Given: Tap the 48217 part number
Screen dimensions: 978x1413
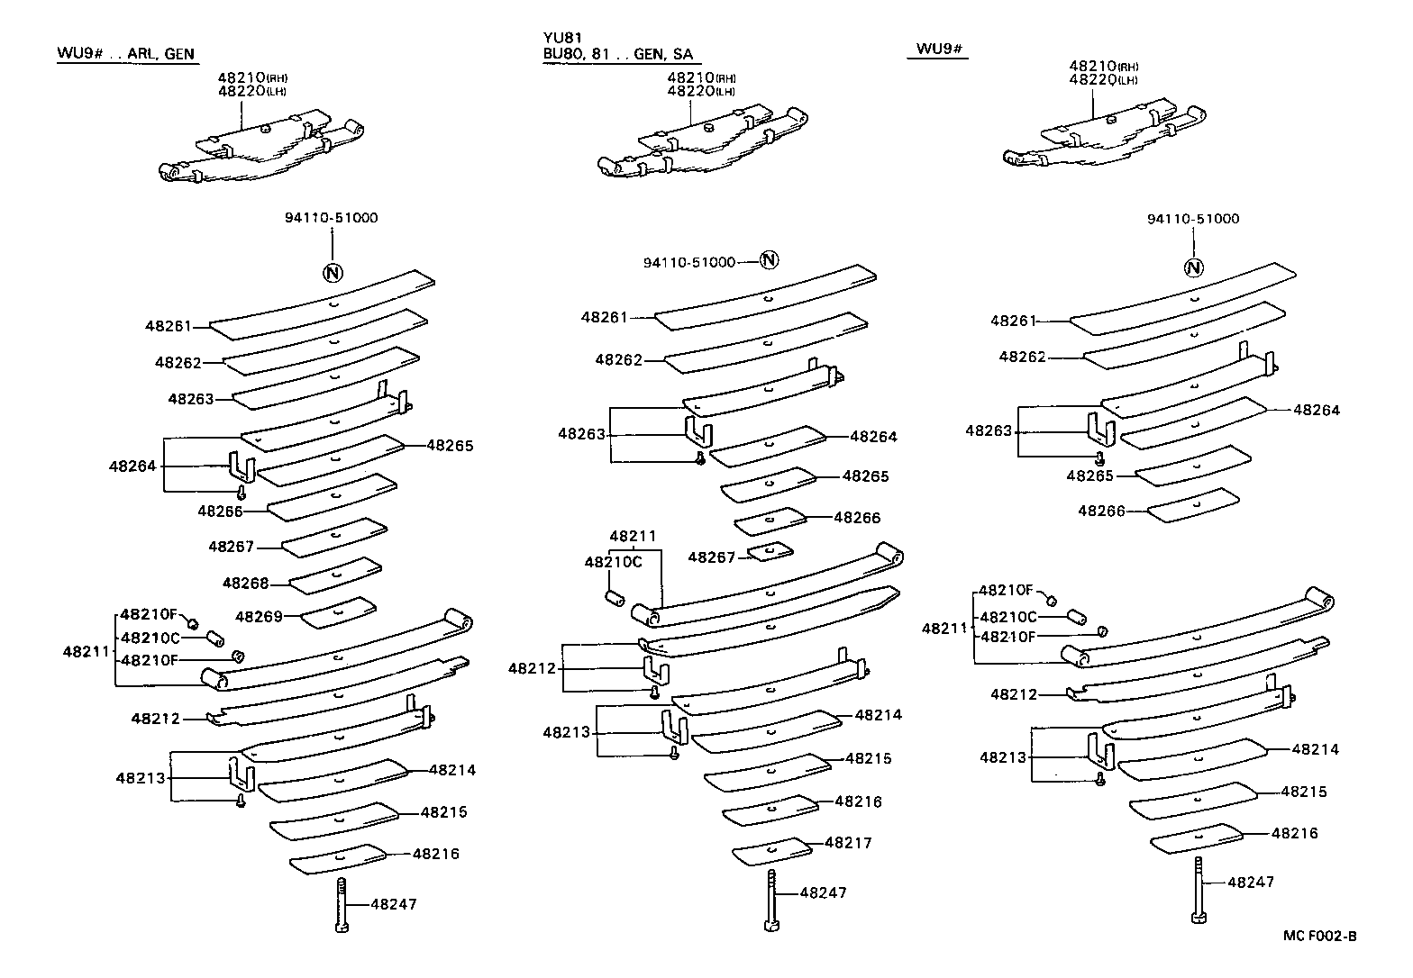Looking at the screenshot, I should tap(849, 843).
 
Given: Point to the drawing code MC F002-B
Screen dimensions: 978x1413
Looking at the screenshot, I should tap(1319, 937).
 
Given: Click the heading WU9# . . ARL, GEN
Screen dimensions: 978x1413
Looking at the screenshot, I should tap(125, 54).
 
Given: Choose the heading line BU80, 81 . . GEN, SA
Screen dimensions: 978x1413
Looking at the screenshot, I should tap(616, 54).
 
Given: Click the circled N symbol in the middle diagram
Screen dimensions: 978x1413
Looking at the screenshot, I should tap(769, 260).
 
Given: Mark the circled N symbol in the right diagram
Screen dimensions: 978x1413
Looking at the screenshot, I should tap(1193, 267).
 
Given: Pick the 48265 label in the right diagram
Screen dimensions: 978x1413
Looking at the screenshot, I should tap(1090, 475).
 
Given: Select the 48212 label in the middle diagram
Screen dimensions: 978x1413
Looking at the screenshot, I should tap(531, 668).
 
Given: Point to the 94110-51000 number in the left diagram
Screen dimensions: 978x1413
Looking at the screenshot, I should tap(333, 217).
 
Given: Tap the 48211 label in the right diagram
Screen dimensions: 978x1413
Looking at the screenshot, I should tap(944, 629).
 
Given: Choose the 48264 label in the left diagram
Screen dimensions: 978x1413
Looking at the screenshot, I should tap(132, 466).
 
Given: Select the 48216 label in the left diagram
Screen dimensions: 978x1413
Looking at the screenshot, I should tap(436, 853).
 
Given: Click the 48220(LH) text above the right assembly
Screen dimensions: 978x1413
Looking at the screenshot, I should tap(1103, 80).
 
